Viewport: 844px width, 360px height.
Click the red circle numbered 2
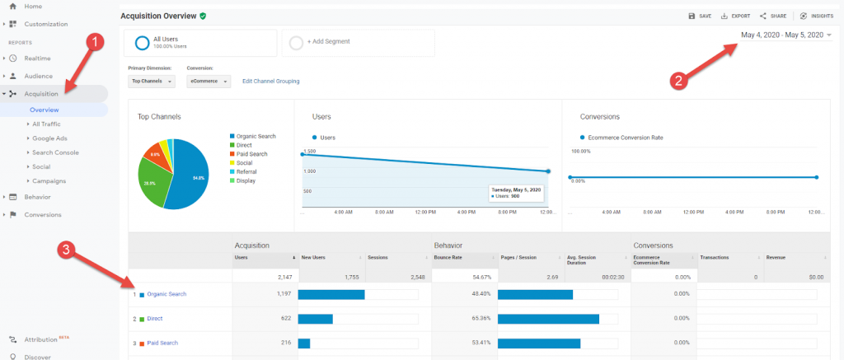pos(678,81)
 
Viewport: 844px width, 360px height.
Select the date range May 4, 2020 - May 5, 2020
pos(782,35)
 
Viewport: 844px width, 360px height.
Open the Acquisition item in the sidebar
pos(41,94)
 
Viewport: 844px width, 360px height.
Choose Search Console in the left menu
pos(55,152)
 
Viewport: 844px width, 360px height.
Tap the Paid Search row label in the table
pos(162,342)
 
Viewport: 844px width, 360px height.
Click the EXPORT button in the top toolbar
pos(735,16)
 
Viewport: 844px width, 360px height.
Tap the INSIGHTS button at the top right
pos(816,16)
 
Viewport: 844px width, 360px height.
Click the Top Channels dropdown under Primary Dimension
pos(152,82)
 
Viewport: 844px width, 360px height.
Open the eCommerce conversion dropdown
pos(208,82)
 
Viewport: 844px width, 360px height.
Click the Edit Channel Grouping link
pos(270,82)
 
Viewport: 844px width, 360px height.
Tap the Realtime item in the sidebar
pos(38,58)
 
